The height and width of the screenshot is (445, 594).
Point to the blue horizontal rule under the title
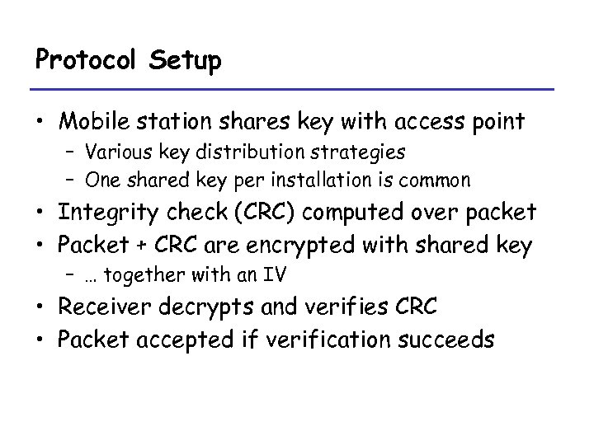click(294, 89)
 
